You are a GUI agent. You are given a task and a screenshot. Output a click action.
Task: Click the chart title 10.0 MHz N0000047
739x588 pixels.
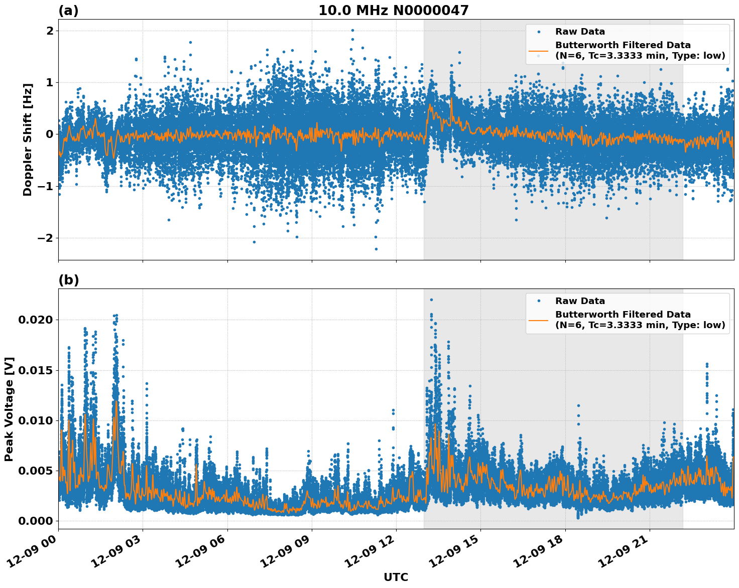393,11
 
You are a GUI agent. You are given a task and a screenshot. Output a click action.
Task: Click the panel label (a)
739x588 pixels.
68,11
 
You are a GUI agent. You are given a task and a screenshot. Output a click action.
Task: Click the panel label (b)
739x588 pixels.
68,280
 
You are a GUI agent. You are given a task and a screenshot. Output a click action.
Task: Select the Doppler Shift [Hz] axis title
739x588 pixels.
28,139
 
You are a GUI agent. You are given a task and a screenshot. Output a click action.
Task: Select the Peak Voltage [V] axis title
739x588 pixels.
9,409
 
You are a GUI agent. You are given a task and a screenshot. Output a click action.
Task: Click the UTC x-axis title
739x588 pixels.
396,577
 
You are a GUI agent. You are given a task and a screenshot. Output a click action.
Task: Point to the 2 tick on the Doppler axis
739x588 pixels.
50,31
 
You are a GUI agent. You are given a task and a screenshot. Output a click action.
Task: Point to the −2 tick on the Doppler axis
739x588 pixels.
45,238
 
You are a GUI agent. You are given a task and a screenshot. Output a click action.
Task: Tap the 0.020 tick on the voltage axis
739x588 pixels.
35,320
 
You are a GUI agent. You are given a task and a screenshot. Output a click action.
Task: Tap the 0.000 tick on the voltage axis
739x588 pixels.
35,521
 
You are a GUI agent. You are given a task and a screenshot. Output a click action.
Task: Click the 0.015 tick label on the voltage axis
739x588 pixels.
35,370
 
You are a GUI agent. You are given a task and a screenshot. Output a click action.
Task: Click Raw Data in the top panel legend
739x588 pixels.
580,32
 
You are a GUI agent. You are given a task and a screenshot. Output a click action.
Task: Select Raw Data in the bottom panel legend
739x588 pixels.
580,301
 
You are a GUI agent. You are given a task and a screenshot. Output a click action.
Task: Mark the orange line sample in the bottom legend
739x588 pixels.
538,320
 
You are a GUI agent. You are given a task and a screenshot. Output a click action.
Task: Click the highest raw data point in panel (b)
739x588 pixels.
431,300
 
